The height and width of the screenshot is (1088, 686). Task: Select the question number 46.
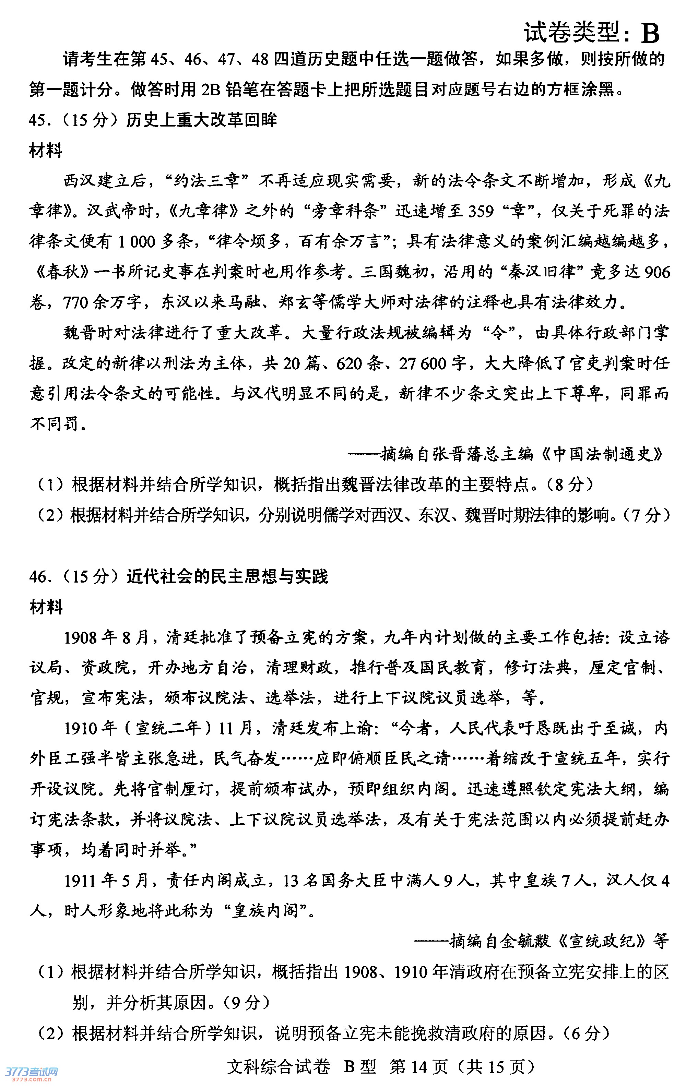pyautogui.click(x=39, y=576)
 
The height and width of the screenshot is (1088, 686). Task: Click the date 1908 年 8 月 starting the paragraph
pyautogui.click(x=107, y=637)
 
